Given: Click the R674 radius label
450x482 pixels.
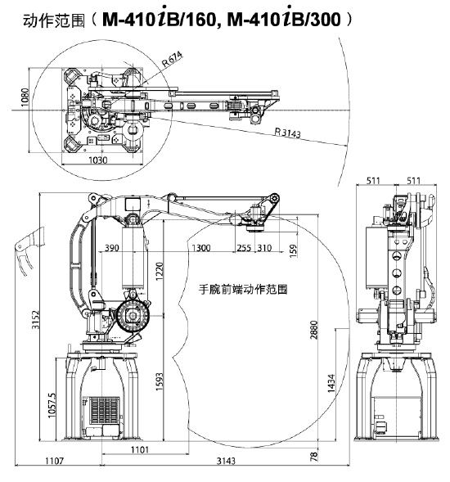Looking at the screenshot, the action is click(x=172, y=59).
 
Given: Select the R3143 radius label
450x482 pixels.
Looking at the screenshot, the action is click(x=287, y=133).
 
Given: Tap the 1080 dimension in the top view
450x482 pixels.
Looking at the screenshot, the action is click(x=25, y=97).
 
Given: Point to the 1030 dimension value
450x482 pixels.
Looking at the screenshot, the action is click(x=98, y=160).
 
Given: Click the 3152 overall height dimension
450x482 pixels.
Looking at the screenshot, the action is click(x=36, y=320).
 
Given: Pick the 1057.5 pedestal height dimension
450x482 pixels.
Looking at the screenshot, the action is click(x=52, y=405).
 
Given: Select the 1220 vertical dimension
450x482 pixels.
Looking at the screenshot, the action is click(x=159, y=271).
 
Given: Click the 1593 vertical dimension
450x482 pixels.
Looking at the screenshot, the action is click(x=159, y=382).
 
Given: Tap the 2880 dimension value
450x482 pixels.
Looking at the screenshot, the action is click(x=314, y=330).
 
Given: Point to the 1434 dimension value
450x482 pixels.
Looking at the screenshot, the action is click(x=331, y=383).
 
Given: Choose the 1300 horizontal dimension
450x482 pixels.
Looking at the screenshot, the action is click(x=201, y=248).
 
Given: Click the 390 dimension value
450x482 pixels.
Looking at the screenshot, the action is click(x=112, y=248).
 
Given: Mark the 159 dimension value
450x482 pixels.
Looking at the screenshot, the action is click(x=294, y=250).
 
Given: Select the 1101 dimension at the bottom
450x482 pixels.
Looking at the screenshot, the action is click(x=140, y=450).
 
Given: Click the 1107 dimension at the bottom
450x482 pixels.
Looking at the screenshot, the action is click(x=54, y=461).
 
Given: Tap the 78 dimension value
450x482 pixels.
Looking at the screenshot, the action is click(x=314, y=455).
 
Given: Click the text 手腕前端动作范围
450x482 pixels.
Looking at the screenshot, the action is click(x=243, y=290).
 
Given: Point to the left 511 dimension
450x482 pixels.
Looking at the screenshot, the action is click(x=373, y=180).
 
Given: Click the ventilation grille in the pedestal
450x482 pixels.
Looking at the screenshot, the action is click(x=105, y=410).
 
